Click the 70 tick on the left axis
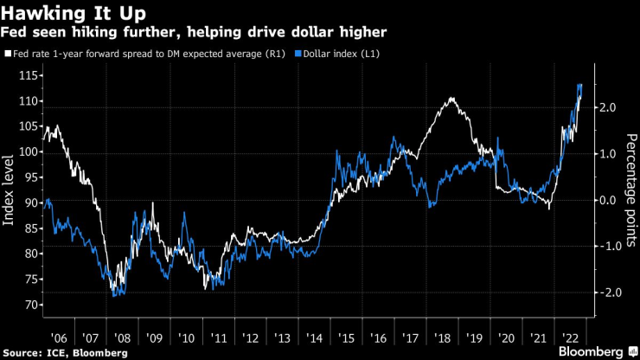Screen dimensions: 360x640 click(31, 305)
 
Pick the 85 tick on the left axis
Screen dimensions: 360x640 click(31, 228)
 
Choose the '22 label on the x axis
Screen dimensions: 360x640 click(571, 336)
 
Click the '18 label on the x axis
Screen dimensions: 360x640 click(442, 336)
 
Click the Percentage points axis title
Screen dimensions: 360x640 click(630, 189)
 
